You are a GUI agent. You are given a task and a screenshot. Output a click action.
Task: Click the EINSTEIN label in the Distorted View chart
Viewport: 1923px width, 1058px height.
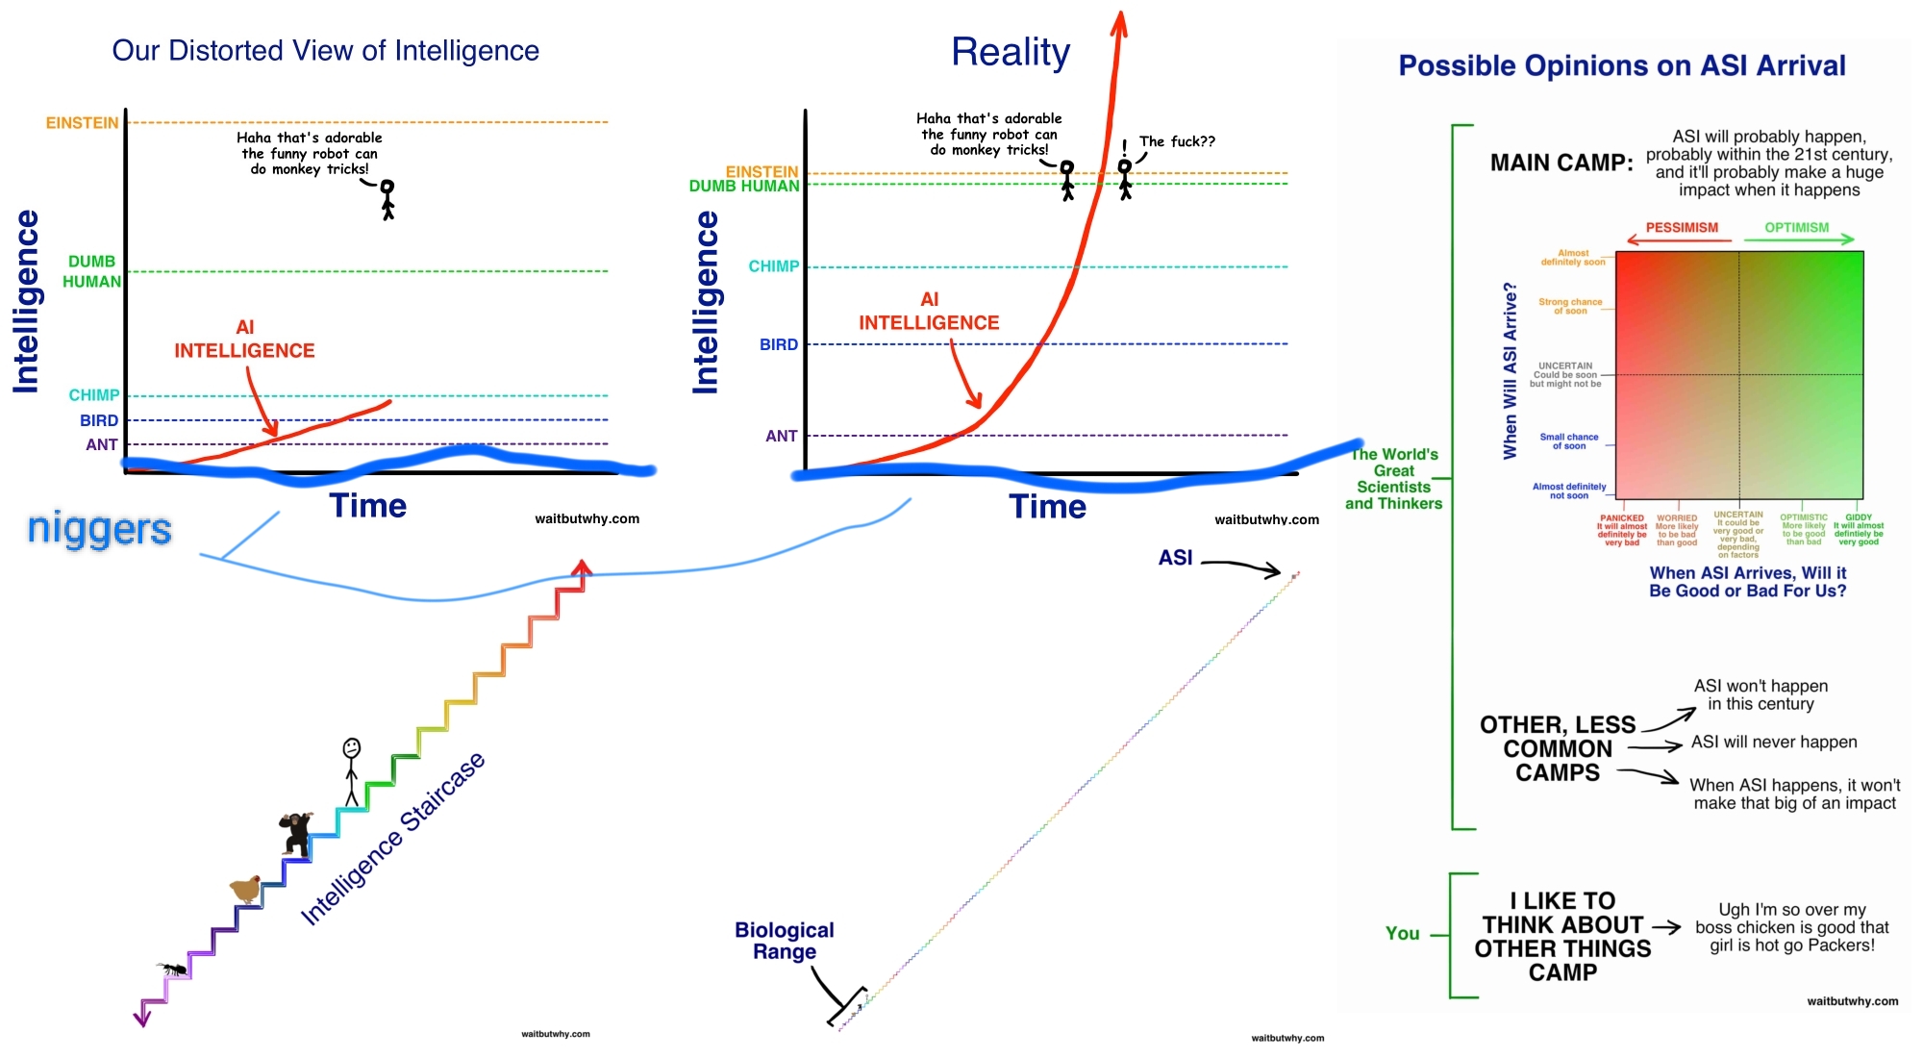[83, 123]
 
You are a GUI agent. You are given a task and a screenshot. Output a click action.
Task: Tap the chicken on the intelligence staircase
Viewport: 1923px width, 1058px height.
[247, 889]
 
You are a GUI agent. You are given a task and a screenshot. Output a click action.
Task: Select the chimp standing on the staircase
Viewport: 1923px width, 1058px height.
[296, 833]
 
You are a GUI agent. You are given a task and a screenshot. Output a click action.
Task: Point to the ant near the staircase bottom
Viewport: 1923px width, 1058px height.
[173, 969]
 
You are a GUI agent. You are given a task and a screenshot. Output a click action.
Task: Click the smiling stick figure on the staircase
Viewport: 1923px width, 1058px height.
[352, 770]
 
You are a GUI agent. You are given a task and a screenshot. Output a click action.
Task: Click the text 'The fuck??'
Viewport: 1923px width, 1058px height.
[1177, 142]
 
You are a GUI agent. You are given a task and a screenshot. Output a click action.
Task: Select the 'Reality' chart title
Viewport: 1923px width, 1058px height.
[1011, 52]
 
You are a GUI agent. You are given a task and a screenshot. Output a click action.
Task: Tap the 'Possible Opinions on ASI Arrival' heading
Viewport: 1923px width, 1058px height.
[1622, 65]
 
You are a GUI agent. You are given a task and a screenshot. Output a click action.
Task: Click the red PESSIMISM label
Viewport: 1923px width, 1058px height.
[1682, 228]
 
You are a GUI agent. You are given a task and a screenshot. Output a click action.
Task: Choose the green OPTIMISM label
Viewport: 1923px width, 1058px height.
[1796, 228]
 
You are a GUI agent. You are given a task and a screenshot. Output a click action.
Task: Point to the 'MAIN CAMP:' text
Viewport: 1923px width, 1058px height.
[1561, 164]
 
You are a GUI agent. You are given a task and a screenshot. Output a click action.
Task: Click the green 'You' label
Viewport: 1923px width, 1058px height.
[1402, 933]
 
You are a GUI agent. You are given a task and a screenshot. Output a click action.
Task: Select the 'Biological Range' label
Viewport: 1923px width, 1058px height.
[785, 941]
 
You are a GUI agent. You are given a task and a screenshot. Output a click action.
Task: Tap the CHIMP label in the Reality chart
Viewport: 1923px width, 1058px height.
[773, 266]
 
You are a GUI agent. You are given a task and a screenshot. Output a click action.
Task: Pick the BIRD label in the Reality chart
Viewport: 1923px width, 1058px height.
[779, 344]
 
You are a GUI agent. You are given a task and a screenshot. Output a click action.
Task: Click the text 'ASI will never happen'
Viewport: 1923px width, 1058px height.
[1774, 743]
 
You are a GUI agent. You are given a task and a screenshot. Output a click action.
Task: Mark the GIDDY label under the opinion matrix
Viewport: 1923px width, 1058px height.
[1859, 517]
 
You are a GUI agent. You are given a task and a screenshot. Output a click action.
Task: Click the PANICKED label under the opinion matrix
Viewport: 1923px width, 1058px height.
[1622, 518]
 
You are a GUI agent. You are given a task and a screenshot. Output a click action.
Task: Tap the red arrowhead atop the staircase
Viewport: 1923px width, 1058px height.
[581, 568]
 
